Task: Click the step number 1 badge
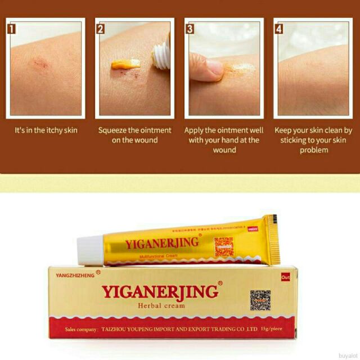(12, 27)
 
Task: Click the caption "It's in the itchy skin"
(46, 130)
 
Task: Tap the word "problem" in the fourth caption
(313, 150)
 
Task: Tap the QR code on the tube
(223, 246)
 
